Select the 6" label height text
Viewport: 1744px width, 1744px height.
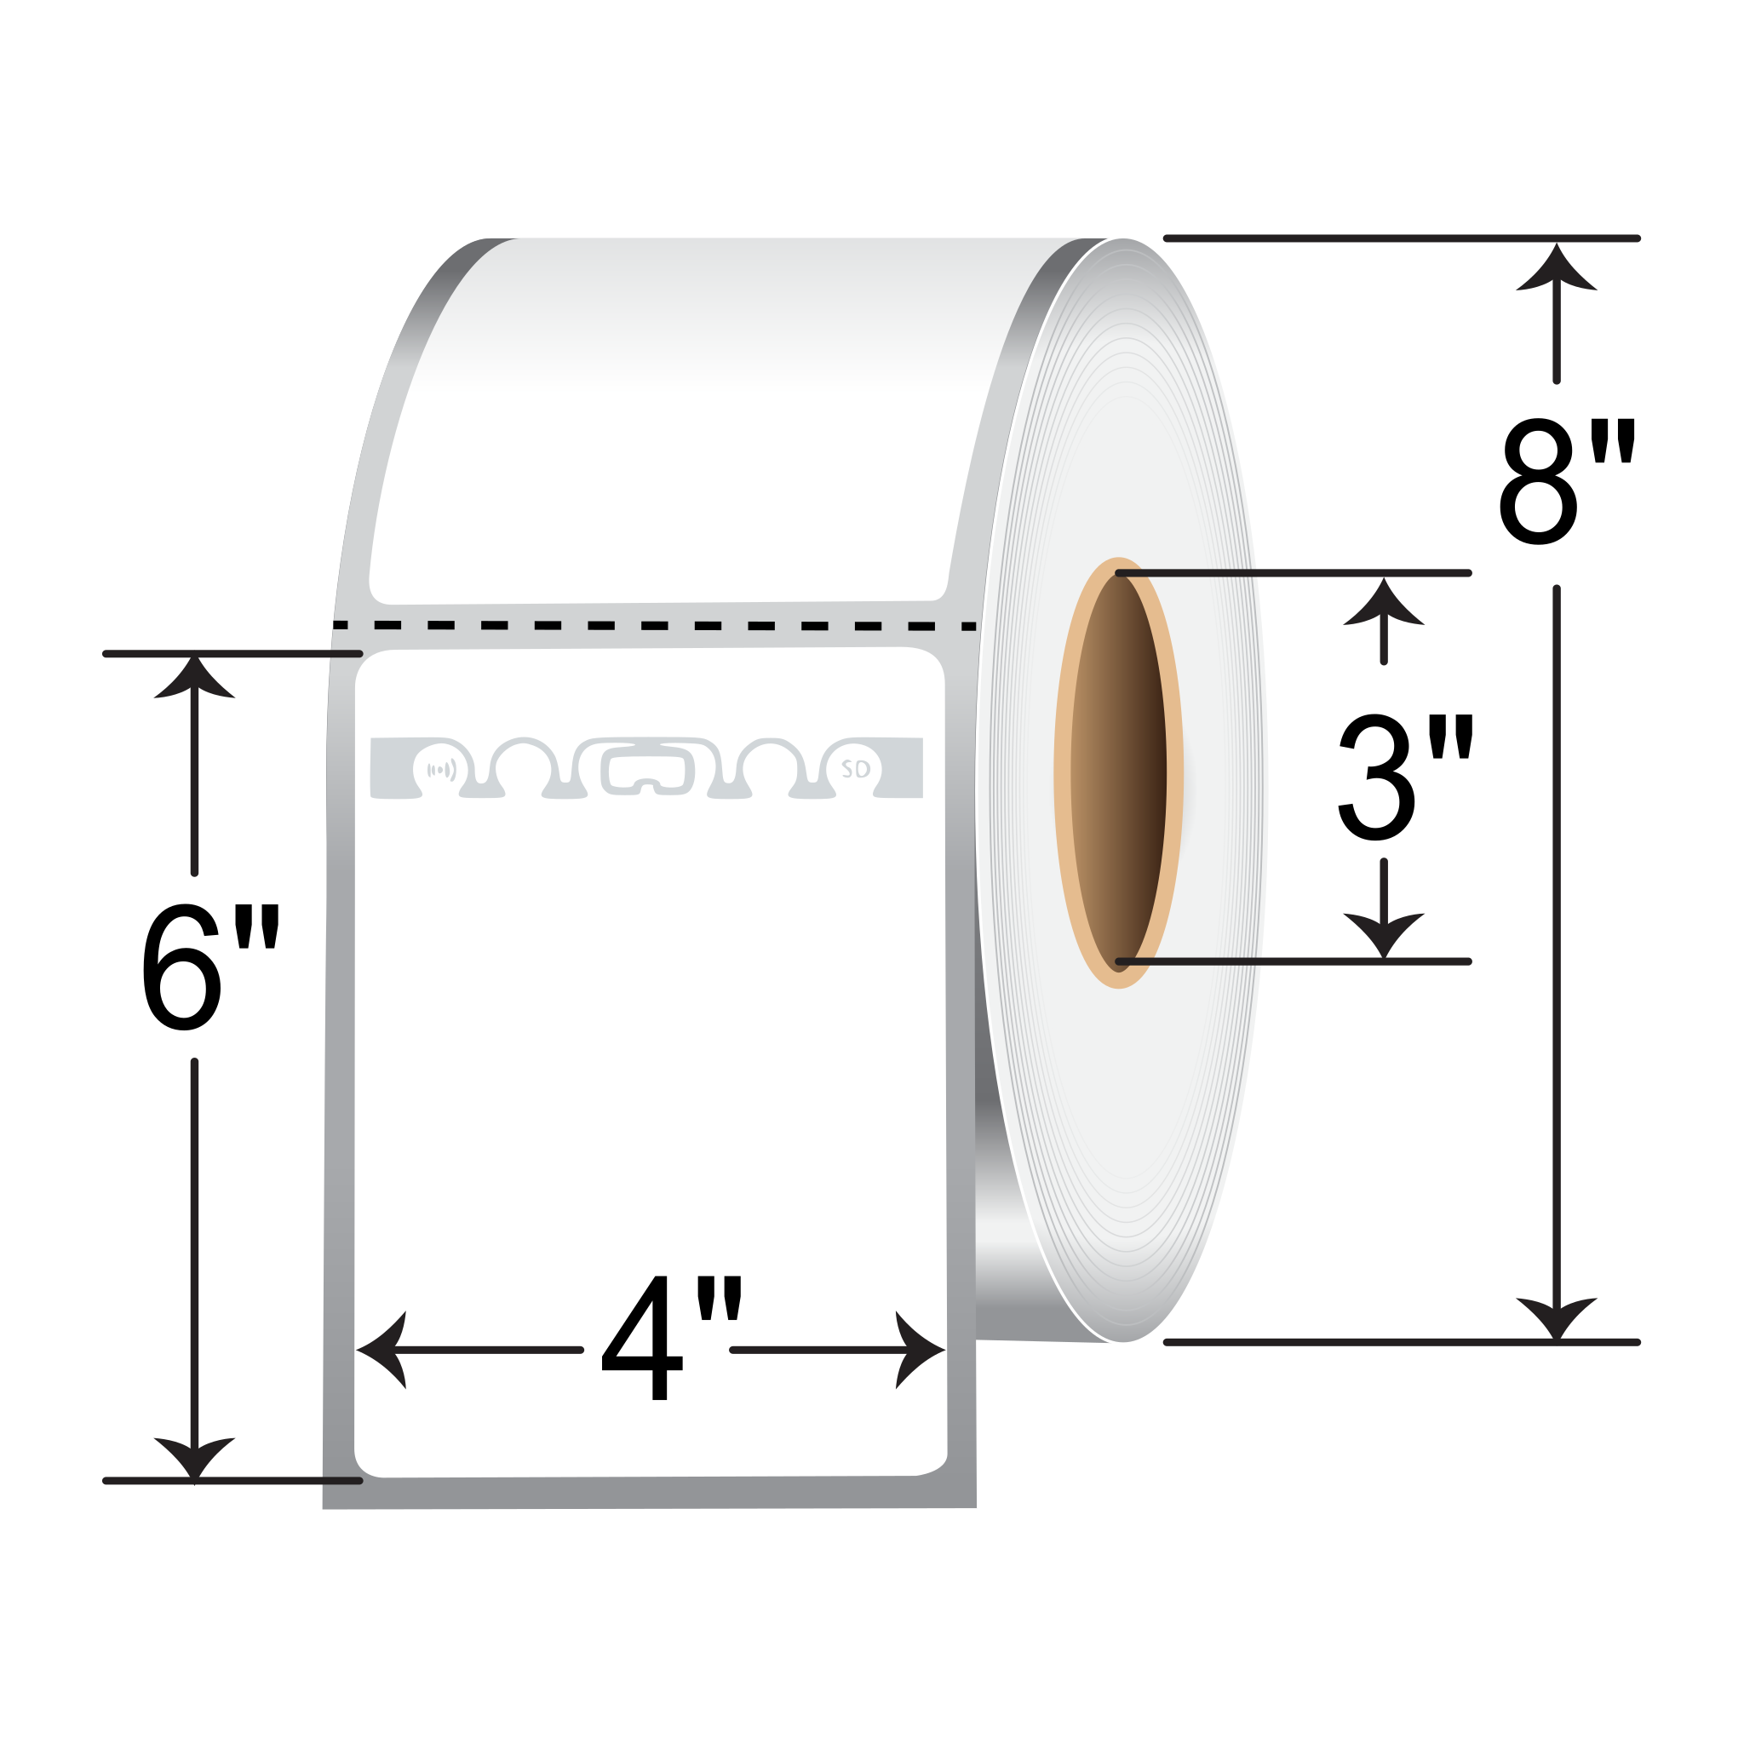(209, 967)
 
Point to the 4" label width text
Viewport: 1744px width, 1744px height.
(671, 1337)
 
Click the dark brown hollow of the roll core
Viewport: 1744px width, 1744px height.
(1118, 773)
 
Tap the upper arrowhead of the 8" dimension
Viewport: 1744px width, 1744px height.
(1557, 267)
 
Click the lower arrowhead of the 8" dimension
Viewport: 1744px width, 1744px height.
(1557, 1319)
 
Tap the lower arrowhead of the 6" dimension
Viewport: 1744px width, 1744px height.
(194, 1458)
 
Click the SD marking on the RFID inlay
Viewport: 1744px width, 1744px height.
(855, 769)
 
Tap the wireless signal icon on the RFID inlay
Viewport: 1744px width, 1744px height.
(440, 770)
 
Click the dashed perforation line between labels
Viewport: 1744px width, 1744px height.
(655, 626)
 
